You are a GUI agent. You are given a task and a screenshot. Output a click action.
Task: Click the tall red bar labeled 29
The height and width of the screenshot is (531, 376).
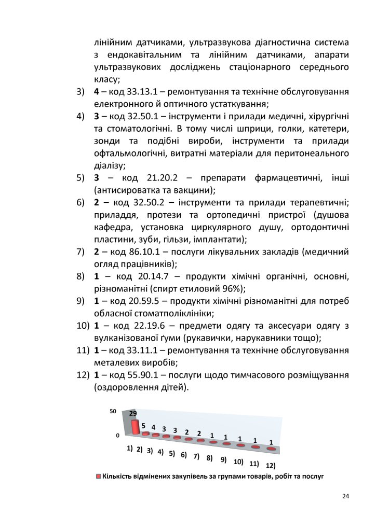click(135, 427)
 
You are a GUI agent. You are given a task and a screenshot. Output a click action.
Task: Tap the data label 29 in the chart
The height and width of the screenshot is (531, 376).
click(133, 414)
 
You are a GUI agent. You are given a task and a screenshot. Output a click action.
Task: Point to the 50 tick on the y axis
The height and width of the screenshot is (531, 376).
click(113, 412)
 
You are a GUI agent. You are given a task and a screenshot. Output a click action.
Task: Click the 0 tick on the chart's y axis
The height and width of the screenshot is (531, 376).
click(117, 436)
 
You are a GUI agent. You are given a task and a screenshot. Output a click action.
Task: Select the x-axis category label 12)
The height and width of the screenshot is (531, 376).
click(270, 466)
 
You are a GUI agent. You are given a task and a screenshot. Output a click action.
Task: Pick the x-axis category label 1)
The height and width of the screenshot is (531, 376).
click(130, 448)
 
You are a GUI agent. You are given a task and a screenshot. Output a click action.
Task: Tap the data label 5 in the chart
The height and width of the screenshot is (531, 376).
click(143, 425)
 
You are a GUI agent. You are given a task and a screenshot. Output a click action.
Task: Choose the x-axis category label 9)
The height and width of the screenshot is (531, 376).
click(224, 459)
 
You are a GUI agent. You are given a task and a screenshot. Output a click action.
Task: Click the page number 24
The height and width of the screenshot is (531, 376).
click(345, 496)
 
